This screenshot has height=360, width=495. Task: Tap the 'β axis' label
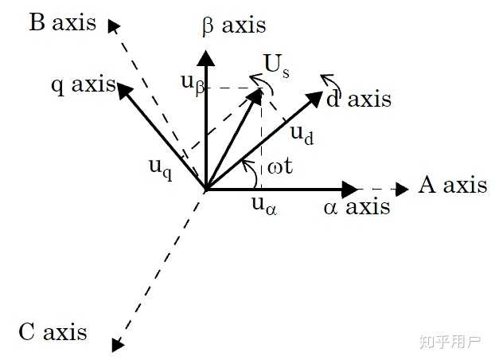(x=233, y=25)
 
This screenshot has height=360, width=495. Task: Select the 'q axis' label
(x=83, y=84)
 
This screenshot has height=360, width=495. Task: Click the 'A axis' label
(x=452, y=186)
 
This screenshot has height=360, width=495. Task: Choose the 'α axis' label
(x=357, y=207)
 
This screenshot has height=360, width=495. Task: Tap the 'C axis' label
(x=53, y=331)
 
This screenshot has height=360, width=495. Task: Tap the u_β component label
(x=193, y=81)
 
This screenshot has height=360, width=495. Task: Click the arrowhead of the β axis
(x=206, y=57)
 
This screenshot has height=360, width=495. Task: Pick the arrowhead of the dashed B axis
(x=114, y=25)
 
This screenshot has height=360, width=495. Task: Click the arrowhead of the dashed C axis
(x=118, y=344)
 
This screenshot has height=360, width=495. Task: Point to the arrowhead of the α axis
(x=350, y=190)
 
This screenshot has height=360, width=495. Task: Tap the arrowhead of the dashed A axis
(x=402, y=190)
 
